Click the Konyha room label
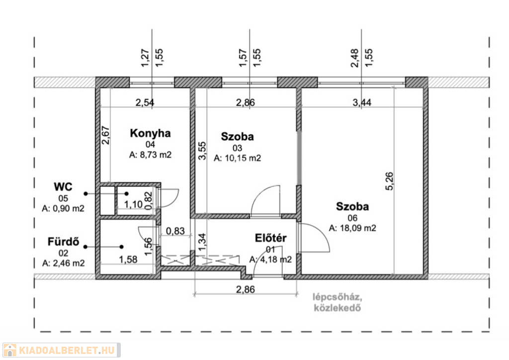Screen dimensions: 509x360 pyautogui.click(x=150, y=133)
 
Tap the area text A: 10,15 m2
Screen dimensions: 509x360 pyautogui.click(x=237, y=158)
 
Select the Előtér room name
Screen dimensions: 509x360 pyautogui.click(x=271, y=238)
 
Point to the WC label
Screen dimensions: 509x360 pyautogui.click(x=63, y=186)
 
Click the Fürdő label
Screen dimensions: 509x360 pyautogui.click(x=63, y=242)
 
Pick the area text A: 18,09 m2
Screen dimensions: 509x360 pyautogui.click(x=352, y=228)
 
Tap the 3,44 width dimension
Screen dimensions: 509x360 pyautogui.click(x=362, y=102)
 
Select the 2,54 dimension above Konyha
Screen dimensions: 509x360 pyautogui.click(x=145, y=102)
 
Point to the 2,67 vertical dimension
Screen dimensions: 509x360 pyautogui.click(x=106, y=135)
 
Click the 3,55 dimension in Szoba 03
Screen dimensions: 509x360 pyautogui.click(x=202, y=151)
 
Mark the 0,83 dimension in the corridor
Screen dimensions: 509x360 pyautogui.click(x=175, y=231)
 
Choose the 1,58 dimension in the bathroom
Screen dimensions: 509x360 pyautogui.click(x=128, y=260)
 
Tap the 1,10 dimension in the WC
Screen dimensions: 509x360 pyautogui.click(x=133, y=204)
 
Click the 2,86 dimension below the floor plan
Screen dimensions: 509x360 pyautogui.click(x=246, y=289)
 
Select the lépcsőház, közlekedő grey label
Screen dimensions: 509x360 pyautogui.click(x=338, y=302)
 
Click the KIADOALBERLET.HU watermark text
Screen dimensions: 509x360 pyautogui.click(x=67, y=351)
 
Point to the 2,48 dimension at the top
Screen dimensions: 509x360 pyautogui.click(x=355, y=58)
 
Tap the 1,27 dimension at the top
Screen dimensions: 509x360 pyautogui.click(x=145, y=58)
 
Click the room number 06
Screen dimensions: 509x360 pyautogui.click(x=352, y=218)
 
